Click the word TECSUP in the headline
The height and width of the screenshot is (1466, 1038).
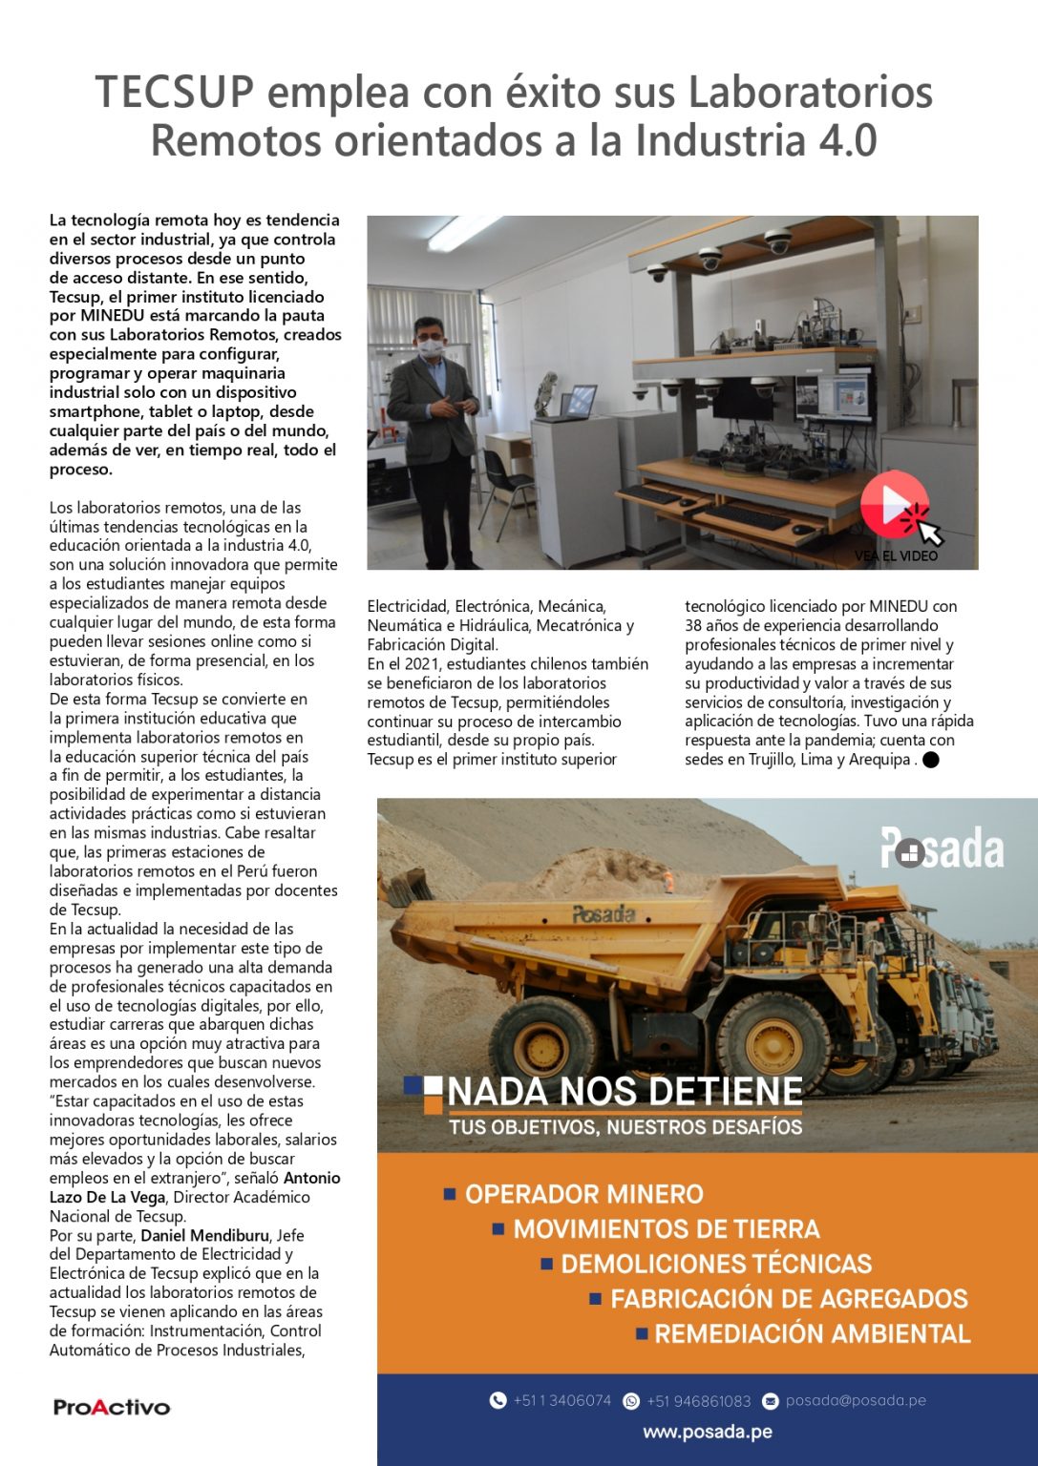[175, 93]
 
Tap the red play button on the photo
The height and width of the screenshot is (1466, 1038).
[894, 504]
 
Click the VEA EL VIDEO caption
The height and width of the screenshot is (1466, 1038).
[896, 555]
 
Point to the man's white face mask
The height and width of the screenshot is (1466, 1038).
[432, 347]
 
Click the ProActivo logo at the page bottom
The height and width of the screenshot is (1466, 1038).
[112, 1407]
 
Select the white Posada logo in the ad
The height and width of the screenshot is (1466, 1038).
[942, 848]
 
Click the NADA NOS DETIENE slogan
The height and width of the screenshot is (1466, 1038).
[625, 1091]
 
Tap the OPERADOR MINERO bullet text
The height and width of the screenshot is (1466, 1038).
[583, 1194]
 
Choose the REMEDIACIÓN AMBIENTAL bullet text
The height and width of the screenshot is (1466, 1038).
[812, 1333]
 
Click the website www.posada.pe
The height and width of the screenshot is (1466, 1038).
[708, 1432]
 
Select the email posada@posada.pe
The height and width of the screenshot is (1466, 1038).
[856, 1400]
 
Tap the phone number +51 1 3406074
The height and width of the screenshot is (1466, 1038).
[561, 1400]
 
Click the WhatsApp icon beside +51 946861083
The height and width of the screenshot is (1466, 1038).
[631, 1401]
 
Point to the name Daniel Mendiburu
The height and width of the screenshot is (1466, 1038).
[204, 1235]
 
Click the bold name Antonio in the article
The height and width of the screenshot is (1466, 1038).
[312, 1178]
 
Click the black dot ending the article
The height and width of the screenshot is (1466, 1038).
[931, 760]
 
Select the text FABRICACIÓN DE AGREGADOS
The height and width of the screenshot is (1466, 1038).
[789, 1298]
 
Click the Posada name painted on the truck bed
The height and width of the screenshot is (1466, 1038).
[604, 914]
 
